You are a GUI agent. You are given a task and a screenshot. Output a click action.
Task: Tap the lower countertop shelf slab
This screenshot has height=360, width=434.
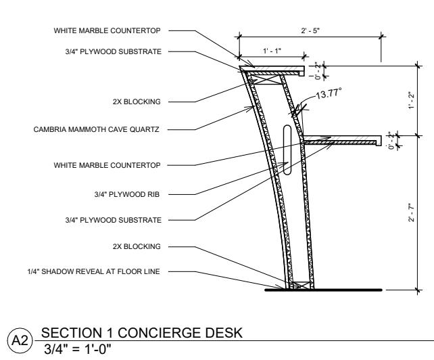coord(345,142)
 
